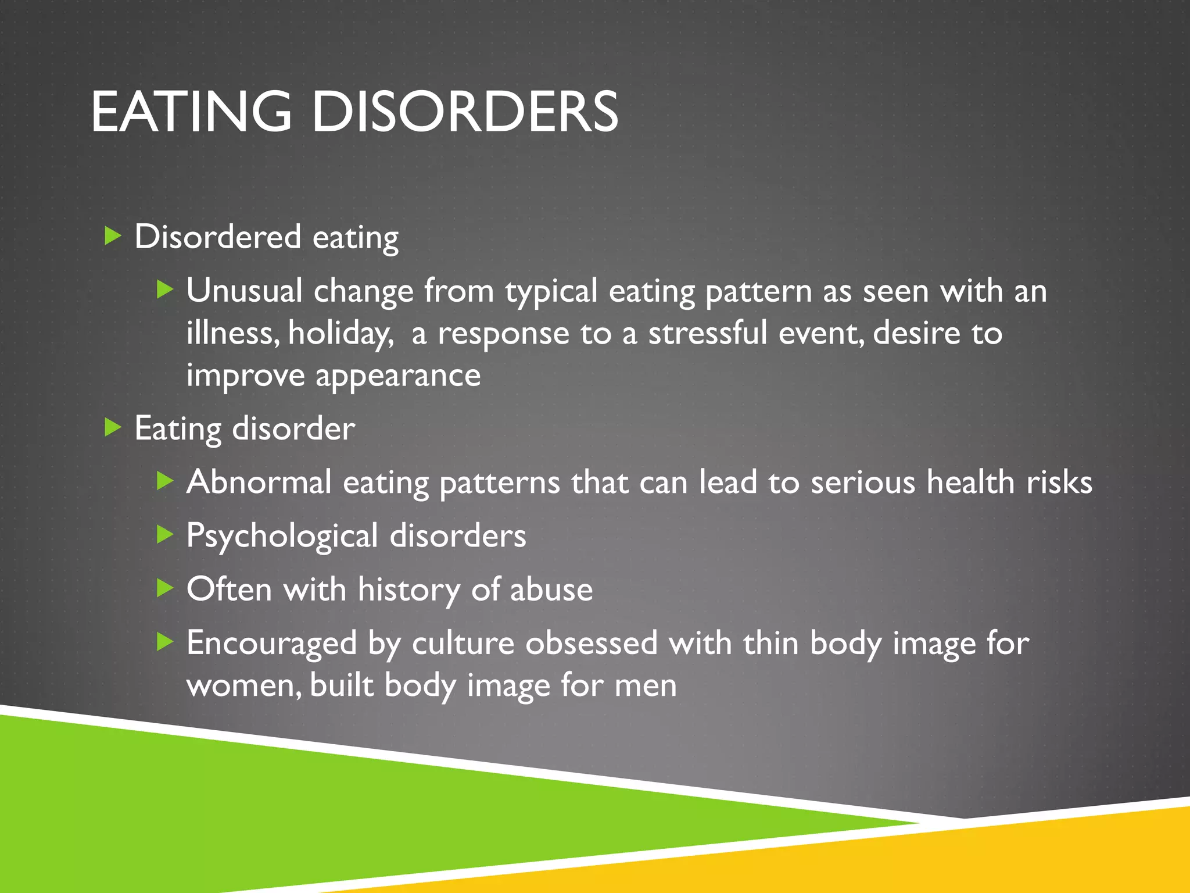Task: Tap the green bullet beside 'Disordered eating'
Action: (112, 236)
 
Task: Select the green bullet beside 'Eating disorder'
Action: (112, 428)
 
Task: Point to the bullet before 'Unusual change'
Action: (165, 289)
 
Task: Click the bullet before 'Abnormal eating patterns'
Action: (165, 481)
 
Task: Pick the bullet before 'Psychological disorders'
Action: (165, 534)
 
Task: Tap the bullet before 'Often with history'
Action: (165, 588)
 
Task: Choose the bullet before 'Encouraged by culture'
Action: (165, 642)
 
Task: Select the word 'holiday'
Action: (340, 333)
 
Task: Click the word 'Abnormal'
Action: (259, 482)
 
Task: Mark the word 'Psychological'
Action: (282, 536)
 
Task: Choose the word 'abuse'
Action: (551, 590)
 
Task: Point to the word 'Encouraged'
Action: (271, 643)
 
